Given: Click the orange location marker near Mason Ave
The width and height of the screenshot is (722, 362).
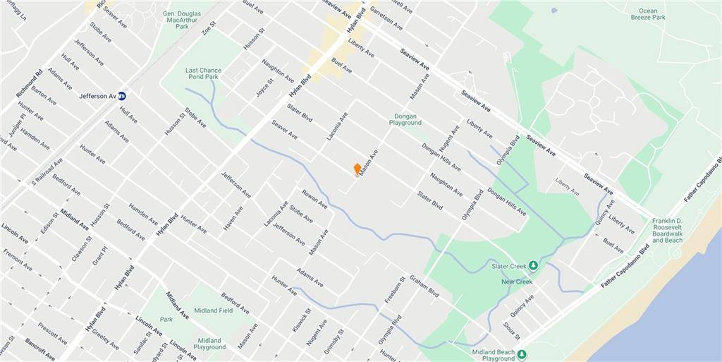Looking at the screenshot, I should [357, 169].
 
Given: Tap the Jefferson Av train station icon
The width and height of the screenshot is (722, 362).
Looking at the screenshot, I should [122, 96].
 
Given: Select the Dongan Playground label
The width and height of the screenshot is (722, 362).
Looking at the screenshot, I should [405, 119].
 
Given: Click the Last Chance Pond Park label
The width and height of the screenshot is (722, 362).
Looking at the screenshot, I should [203, 74].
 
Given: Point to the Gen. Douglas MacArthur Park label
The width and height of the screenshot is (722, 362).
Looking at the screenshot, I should [172, 18].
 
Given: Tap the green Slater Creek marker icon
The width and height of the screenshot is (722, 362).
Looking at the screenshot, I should [534, 265].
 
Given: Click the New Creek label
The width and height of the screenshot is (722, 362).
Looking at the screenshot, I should [516, 282].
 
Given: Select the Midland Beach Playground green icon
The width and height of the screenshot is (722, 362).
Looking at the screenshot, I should [522, 354].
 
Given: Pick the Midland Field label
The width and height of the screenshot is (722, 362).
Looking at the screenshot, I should [216, 310].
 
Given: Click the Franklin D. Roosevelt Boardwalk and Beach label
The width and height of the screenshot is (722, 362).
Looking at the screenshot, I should [667, 230].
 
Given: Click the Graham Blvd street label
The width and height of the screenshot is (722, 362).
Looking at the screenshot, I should [424, 286].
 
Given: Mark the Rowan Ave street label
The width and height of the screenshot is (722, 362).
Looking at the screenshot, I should [314, 199].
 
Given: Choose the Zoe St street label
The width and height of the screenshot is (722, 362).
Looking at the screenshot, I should [208, 28].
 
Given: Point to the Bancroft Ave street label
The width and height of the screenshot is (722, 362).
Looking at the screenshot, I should [39, 349].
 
